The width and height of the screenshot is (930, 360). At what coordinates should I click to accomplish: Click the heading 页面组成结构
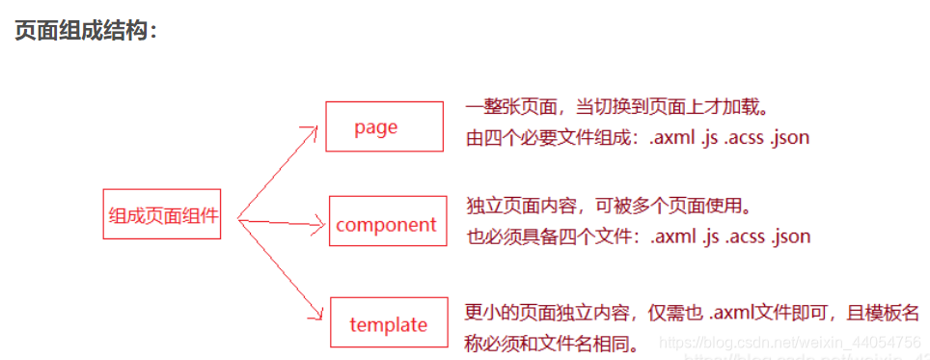(85, 32)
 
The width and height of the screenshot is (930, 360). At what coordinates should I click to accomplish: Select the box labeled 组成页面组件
(163, 214)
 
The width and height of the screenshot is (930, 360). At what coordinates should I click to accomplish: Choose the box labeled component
(386, 224)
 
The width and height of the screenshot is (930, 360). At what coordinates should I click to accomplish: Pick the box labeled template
(388, 323)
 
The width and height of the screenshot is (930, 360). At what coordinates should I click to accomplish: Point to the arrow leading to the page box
(280, 168)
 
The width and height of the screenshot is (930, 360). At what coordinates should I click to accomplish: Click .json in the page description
(789, 137)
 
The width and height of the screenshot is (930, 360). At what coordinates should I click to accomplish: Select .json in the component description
(791, 235)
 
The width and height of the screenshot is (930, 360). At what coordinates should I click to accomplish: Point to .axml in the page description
(672, 137)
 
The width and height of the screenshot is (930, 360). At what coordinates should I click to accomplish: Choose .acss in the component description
(743, 235)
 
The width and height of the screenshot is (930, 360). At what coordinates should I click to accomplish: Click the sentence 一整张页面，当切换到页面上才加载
(616, 106)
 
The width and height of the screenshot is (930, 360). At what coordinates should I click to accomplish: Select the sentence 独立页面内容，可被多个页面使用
(608, 205)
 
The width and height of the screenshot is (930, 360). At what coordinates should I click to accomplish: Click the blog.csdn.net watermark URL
(787, 342)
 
